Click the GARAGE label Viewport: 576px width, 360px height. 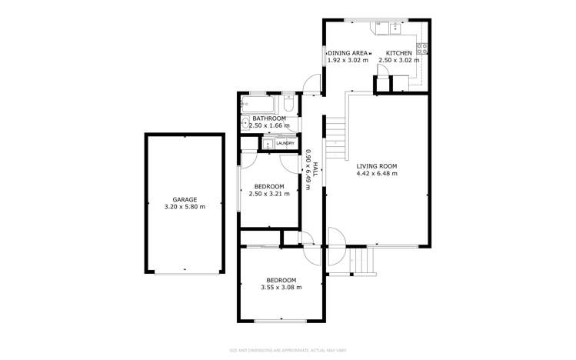pyautogui.click(x=185, y=199)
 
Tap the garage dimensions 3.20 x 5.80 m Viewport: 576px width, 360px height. pyautogui.click(x=185, y=207)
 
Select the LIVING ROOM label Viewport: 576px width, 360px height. pyautogui.click(x=376, y=166)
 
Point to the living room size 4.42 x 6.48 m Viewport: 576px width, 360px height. pyautogui.click(x=376, y=174)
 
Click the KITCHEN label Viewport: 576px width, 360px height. pyautogui.click(x=399, y=52)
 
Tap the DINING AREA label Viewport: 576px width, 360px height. pyautogui.click(x=348, y=52)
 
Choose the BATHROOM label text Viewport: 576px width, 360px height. pyautogui.click(x=269, y=118)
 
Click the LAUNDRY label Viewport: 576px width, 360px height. pyautogui.click(x=285, y=143)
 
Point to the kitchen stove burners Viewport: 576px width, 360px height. pyautogui.click(x=422, y=48)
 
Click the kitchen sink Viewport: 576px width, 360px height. pyautogui.click(x=395, y=27)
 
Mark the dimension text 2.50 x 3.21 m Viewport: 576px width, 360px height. pyautogui.click(x=269, y=194)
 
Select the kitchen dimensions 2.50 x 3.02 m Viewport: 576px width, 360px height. pyautogui.click(x=399, y=60)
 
